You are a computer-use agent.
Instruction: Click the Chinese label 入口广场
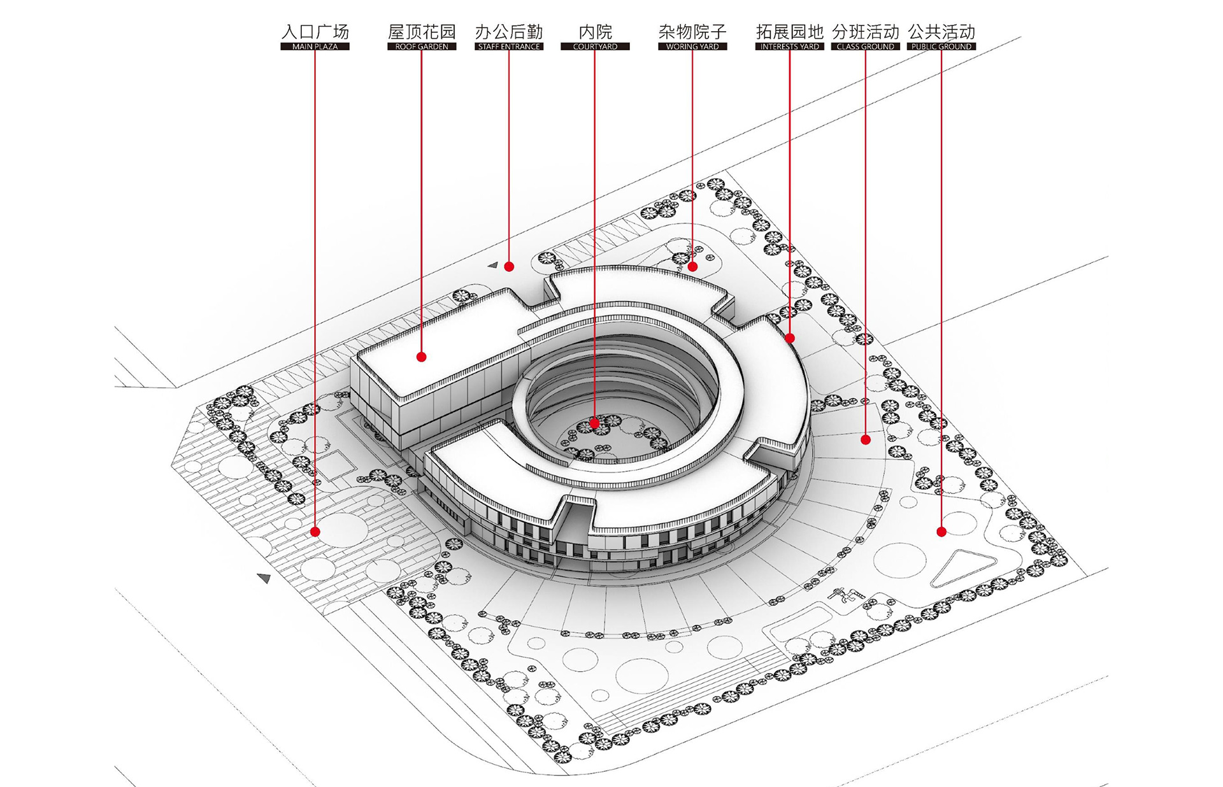[315, 31]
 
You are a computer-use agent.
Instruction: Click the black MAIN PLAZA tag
[315, 46]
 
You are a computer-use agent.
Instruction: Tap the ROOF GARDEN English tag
[422, 46]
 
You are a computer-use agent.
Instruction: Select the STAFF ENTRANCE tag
[509, 46]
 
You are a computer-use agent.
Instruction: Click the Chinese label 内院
[595, 31]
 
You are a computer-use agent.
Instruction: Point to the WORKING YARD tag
[692, 46]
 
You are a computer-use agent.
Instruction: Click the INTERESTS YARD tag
[790, 46]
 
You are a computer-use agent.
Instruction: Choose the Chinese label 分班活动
[866, 31]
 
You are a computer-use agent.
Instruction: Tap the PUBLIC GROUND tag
[941, 46]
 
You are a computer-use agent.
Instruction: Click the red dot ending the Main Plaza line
[315, 532]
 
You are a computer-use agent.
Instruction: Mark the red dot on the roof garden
[422, 357]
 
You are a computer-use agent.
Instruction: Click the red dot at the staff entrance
[509, 267]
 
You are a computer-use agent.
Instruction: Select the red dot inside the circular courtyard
[594, 423]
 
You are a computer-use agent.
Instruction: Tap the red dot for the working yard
[692, 267]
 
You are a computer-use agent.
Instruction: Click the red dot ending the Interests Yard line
[790, 338]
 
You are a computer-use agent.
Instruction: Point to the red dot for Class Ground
[866, 439]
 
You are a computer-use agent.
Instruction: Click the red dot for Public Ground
[941, 532]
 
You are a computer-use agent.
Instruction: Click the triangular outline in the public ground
[961, 569]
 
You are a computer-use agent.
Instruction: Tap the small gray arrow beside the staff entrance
[493, 265]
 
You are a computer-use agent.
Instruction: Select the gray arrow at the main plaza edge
[264, 578]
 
